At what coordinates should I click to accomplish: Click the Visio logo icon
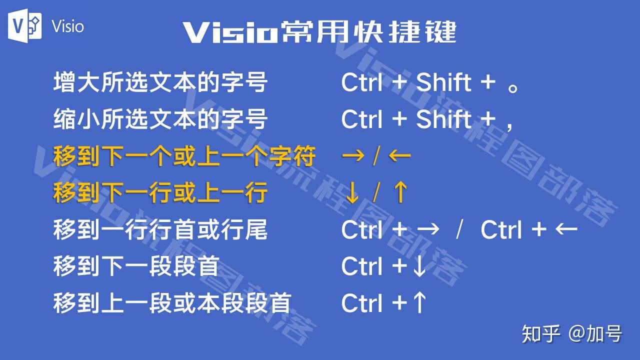click(24, 25)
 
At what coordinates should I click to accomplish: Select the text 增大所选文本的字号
click(160, 82)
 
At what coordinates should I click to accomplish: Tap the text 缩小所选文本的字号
click(160, 119)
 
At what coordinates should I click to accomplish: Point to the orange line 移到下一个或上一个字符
click(184, 156)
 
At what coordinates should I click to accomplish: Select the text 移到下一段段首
click(136, 266)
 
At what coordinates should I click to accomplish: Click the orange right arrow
click(352, 156)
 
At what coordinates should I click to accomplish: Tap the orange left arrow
click(399, 156)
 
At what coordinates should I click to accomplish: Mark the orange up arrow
click(399, 193)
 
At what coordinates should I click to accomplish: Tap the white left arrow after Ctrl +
click(566, 230)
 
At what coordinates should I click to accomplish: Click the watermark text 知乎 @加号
click(572, 334)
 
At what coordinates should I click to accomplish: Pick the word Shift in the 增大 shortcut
click(443, 82)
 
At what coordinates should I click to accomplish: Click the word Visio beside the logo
click(67, 26)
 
